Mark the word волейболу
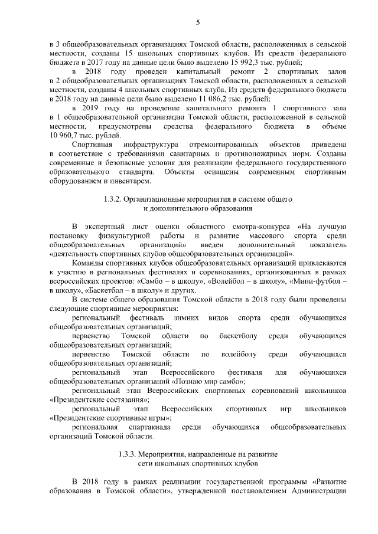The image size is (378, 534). (232, 355)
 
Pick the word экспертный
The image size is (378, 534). (102, 227)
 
